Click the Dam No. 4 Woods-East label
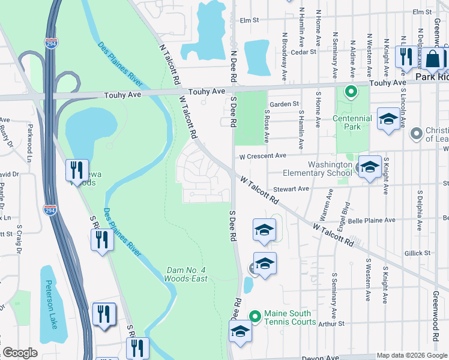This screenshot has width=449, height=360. tap(187, 274)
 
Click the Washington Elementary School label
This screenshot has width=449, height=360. tap(330, 169)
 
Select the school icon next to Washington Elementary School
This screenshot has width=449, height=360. tap(369, 166)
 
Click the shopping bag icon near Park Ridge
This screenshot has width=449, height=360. tap(432, 59)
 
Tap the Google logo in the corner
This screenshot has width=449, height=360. tap(20, 353)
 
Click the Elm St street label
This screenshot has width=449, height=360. tap(249, 20)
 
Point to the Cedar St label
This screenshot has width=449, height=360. tap(303, 52)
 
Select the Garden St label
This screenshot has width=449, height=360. tap(284, 104)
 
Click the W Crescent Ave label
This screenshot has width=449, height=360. tap(262, 156)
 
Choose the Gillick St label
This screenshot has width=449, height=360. tap(418, 253)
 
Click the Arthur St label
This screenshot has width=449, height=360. tap(331, 323)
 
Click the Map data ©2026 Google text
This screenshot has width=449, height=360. tap(412, 355)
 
